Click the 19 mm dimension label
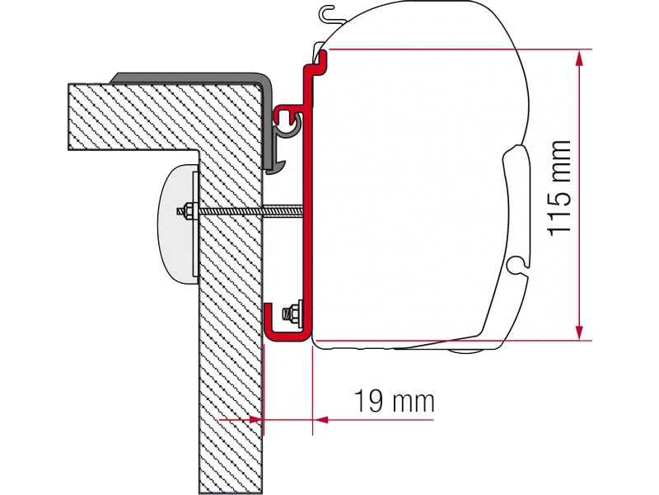[394, 401]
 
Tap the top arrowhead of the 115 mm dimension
[580, 58]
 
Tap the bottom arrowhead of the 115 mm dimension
[580, 332]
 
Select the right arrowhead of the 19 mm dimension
[320, 420]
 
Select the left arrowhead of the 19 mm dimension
[256, 420]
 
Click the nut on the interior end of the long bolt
[188, 211]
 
